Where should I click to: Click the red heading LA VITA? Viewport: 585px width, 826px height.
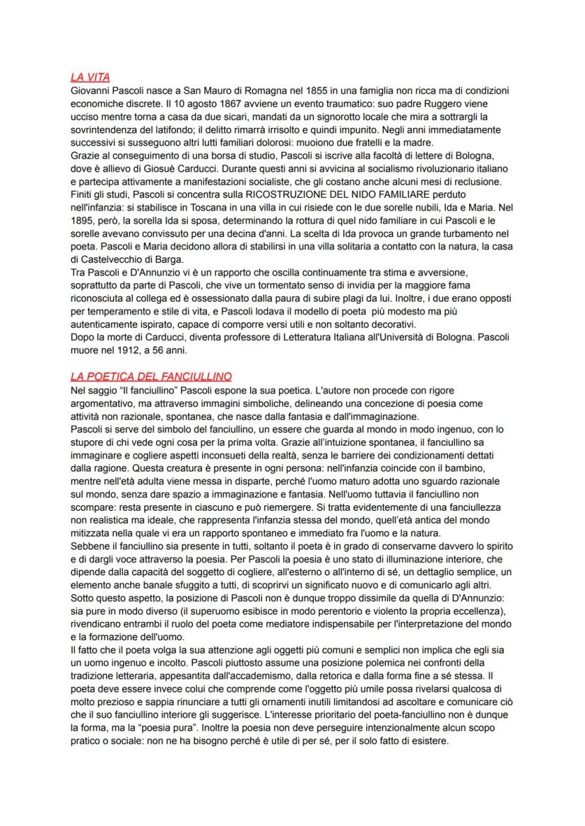coord(90,77)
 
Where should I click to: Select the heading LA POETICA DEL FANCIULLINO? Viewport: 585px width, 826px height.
coord(151,377)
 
